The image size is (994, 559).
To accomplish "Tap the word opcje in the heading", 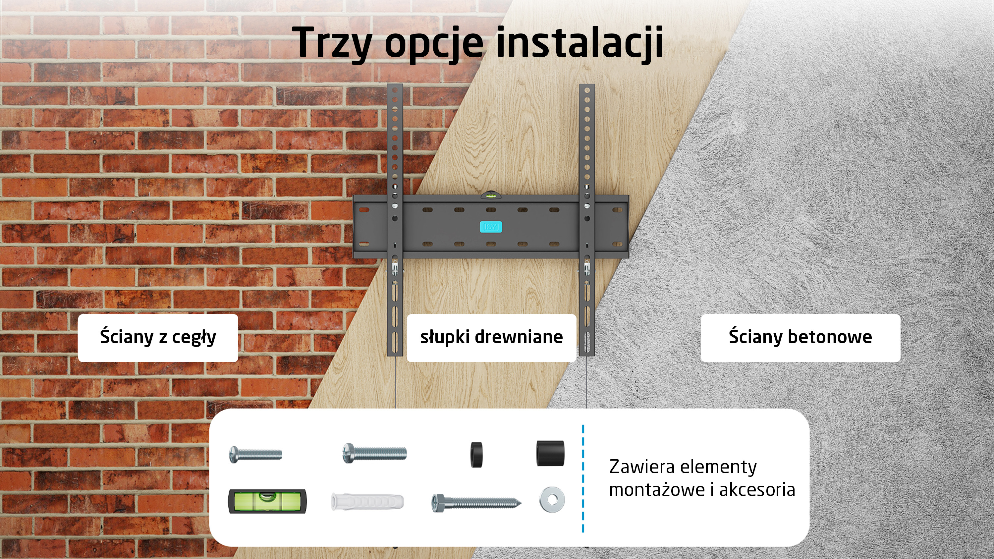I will coord(434,43).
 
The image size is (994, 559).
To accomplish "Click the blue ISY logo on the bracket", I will coord(491,227).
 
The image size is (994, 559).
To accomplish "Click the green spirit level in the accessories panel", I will coord(267,501).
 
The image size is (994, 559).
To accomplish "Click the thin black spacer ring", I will coord(476,454).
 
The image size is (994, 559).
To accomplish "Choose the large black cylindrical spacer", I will coord(550,453).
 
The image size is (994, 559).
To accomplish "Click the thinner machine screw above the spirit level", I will coord(255,454).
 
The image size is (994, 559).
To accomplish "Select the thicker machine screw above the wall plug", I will coord(374,453).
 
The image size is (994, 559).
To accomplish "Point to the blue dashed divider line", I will coord(583,478).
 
